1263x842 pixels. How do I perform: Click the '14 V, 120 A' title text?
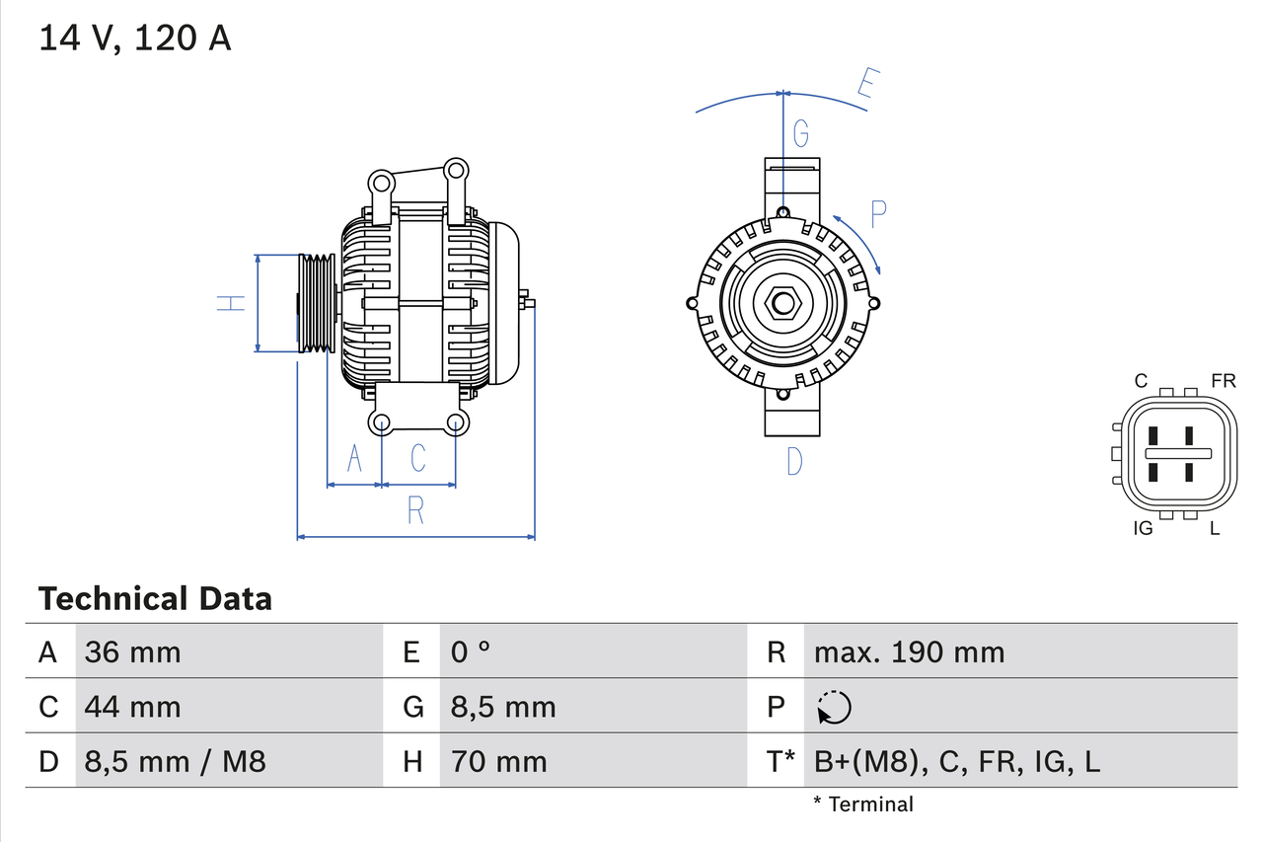(x=134, y=38)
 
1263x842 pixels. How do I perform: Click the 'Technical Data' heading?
(x=154, y=598)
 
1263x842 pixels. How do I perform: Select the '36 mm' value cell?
(x=132, y=651)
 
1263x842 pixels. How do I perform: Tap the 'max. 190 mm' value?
(x=908, y=651)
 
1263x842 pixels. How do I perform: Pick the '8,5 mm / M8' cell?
(x=175, y=761)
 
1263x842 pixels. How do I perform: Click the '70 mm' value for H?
(x=498, y=761)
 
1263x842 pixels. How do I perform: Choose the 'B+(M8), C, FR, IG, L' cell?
(x=956, y=761)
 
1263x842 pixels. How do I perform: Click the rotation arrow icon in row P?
(x=834, y=707)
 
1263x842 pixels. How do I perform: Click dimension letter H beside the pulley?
(x=231, y=303)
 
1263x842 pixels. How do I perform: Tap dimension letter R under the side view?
(x=415, y=510)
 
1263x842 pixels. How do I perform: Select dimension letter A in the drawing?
(x=355, y=458)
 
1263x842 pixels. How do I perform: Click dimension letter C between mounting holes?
(x=418, y=458)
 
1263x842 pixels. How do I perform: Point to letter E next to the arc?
(x=865, y=85)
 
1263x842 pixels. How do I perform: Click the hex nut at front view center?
(x=782, y=303)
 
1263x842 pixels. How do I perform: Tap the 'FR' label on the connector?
(x=1224, y=381)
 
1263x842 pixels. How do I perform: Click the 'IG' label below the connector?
(x=1143, y=528)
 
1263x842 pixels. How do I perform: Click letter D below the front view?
(x=794, y=460)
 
